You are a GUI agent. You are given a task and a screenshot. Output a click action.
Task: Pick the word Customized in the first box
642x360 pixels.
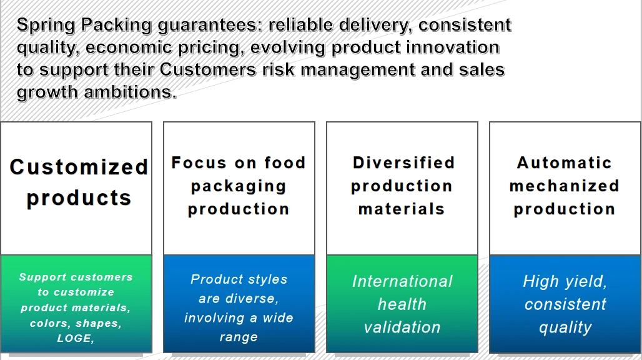tap(79, 167)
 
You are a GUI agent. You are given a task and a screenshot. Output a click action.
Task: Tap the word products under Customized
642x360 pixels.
tap(79, 197)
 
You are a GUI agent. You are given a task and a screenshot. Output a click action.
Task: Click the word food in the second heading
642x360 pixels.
tap(285, 163)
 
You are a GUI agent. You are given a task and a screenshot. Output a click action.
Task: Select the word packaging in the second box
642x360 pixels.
tap(239, 186)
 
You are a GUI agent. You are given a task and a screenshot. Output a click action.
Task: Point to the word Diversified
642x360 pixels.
tap(403, 163)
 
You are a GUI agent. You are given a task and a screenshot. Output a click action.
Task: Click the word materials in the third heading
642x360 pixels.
tap(402, 209)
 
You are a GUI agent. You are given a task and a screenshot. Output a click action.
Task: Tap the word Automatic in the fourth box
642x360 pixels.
tap(565, 163)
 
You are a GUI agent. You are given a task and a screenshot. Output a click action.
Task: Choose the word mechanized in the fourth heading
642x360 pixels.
tap(565, 186)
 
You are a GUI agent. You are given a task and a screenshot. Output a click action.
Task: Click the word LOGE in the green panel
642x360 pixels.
tap(74, 338)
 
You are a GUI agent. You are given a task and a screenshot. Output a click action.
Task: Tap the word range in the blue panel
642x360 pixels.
tap(239, 337)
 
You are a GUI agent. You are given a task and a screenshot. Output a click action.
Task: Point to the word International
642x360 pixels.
tap(402, 281)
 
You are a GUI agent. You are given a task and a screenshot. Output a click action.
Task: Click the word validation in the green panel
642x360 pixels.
tap(402, 327)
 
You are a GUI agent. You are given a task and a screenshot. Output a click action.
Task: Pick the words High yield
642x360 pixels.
tap(565, 281)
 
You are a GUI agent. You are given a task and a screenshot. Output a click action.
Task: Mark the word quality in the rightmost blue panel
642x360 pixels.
tap(565, 327)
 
